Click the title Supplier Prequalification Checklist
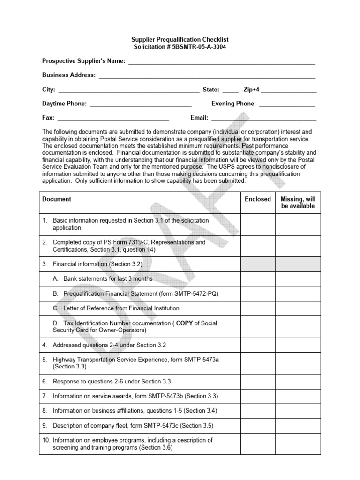[x=180, y=40]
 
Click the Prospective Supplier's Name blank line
[x=221, y=63]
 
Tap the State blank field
[x=230, y=91]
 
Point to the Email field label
[x=199, y=118]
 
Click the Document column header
[x=57, y=199]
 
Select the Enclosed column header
[x=258, y=199]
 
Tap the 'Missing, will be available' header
[x=298, y=202]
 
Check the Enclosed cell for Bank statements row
[x=258, y=279]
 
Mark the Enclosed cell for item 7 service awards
[x=258, y=396]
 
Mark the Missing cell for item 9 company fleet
[x=298, y=426]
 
